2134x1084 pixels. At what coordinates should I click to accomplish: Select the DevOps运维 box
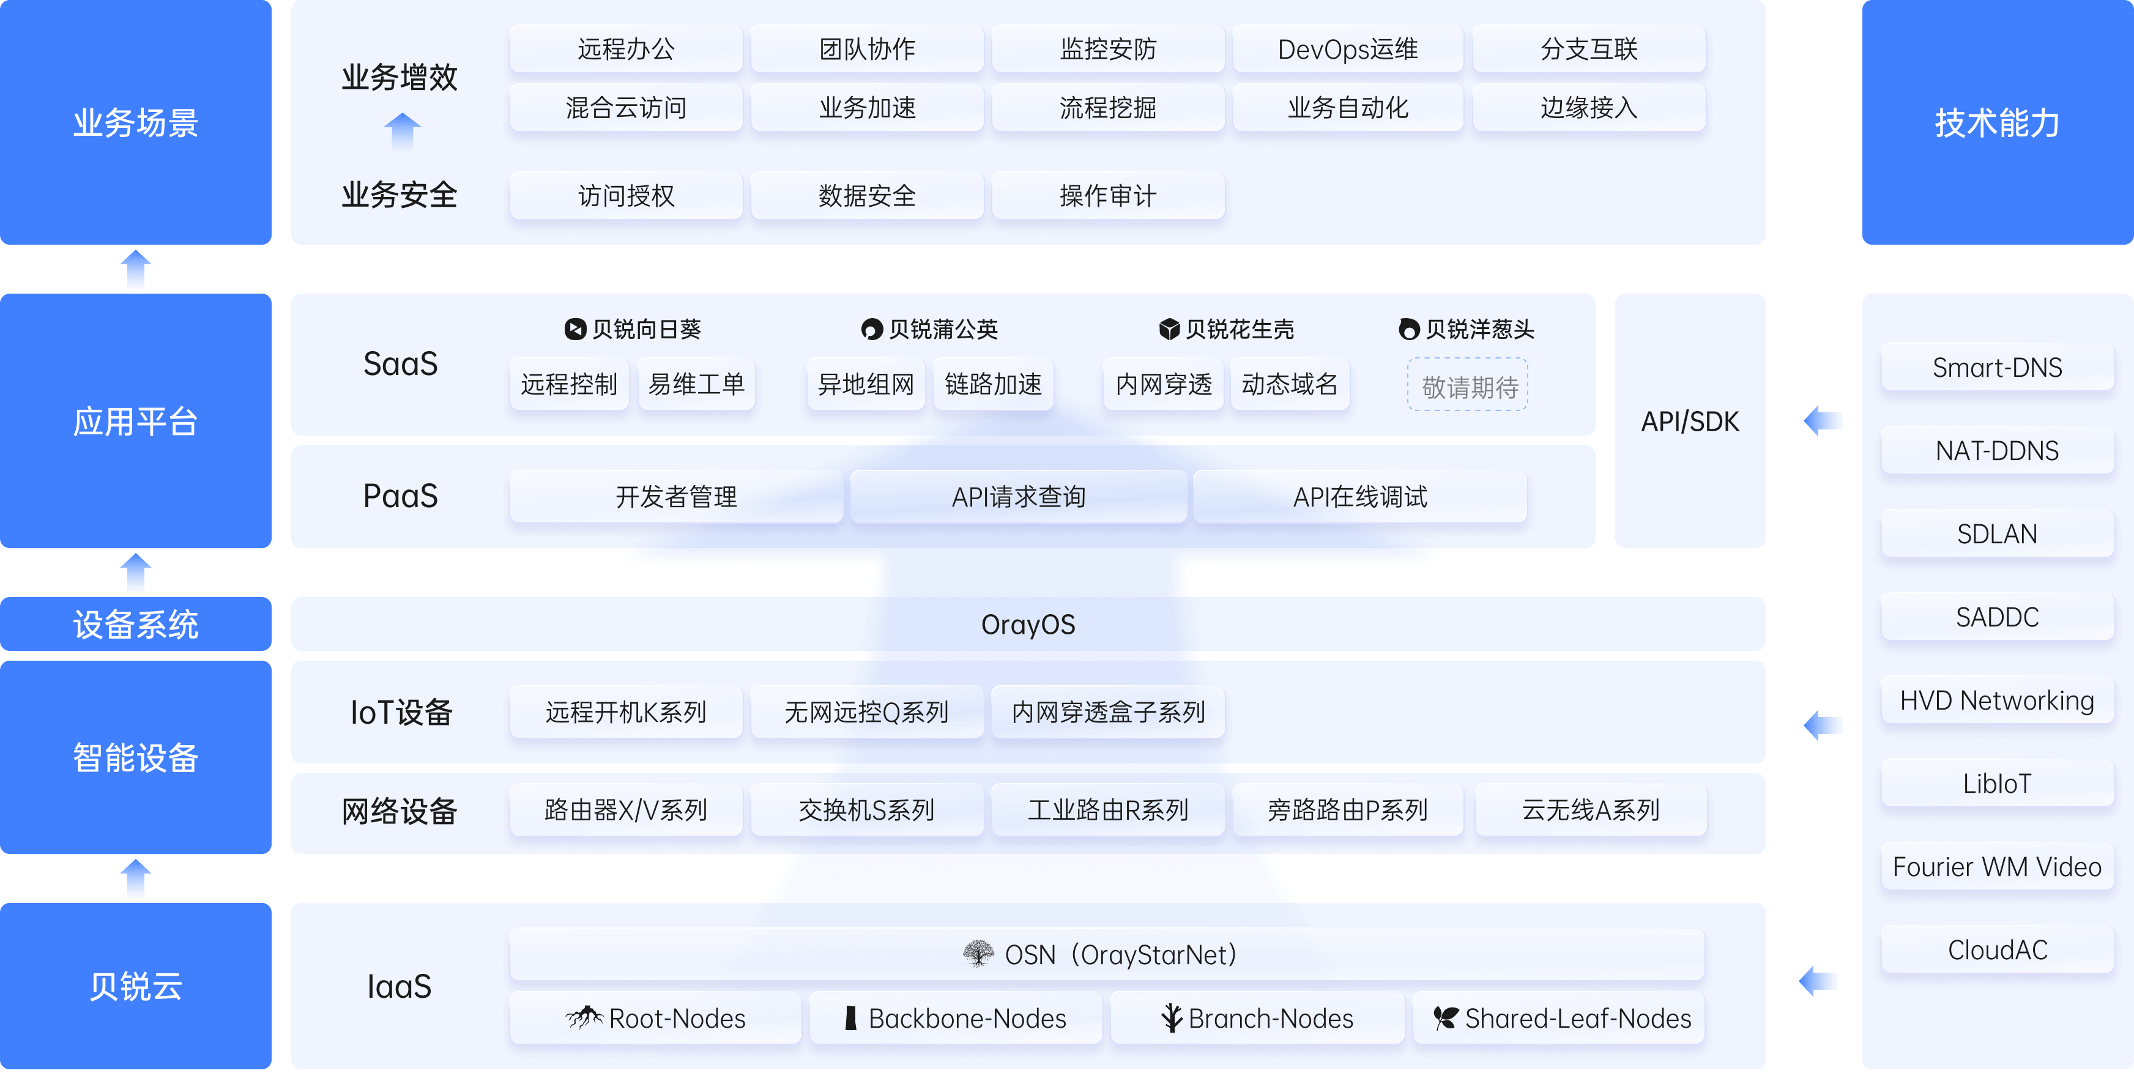(1348, 49)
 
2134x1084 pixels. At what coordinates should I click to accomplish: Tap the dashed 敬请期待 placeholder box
(1468, 385)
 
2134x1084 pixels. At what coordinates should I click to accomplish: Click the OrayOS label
(1028, 625)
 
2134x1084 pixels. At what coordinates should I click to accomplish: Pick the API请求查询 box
(1018, 497)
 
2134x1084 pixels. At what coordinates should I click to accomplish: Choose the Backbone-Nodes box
(955, 1018)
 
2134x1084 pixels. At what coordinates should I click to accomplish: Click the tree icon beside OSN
(978, 953)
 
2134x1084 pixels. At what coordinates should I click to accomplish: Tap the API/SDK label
(1690, 421)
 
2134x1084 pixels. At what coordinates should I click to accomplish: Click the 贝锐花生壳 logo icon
(1169, 329)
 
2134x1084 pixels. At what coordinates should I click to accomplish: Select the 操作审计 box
(1107, 195)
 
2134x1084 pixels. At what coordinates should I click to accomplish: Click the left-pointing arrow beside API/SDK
(1823, 421)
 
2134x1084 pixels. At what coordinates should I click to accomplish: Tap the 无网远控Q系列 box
(866, 711)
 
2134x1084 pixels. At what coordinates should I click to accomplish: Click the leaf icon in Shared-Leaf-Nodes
(1446, 1018)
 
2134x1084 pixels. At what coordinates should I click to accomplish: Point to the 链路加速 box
(993, 384)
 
